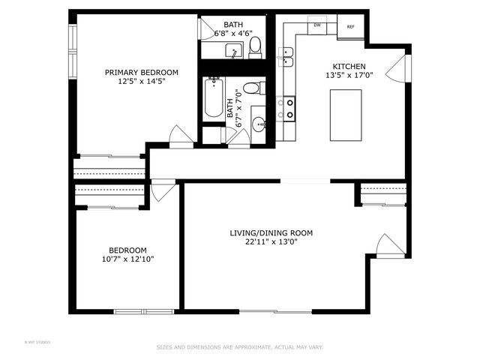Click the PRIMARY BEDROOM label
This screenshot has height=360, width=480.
141,73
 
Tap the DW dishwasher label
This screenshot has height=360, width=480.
317,25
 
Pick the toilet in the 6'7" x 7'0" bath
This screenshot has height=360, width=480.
255,89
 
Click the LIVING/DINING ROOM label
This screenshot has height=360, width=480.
271,233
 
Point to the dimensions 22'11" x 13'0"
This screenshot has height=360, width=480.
271,242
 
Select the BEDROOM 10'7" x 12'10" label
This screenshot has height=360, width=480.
127,254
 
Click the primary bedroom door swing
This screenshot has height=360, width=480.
181,136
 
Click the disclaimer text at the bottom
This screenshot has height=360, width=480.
239,347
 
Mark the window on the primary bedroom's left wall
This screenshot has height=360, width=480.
73,53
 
